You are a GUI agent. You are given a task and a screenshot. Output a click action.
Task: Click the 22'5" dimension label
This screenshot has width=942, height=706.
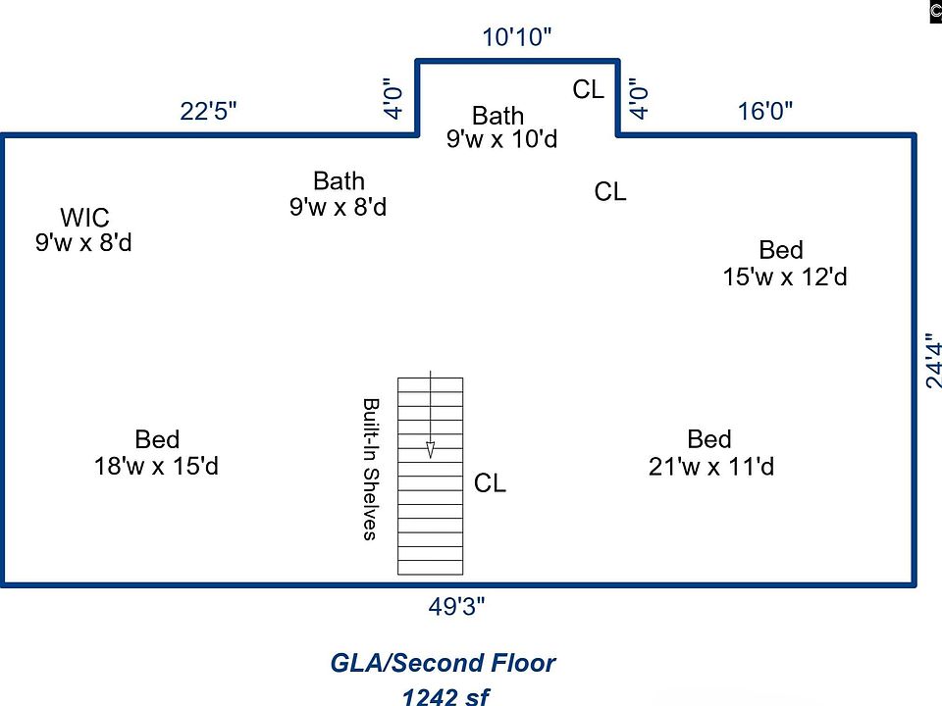point(208,111)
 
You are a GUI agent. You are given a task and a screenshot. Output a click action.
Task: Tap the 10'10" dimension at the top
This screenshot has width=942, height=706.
point(517,38)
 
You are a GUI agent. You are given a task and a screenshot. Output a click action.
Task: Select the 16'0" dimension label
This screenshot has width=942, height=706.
point(765,111)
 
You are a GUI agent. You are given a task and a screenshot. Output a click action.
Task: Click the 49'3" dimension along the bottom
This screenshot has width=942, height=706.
point(457,607)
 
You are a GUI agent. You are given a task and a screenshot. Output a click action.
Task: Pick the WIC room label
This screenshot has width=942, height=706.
point(84,218)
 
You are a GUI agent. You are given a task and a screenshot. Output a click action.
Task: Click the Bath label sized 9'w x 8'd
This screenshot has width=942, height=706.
point(339,181)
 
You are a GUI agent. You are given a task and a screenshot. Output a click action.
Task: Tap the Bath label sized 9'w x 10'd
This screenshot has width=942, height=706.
point(498,117)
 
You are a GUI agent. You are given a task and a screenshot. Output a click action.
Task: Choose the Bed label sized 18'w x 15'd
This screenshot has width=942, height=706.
point(157,439)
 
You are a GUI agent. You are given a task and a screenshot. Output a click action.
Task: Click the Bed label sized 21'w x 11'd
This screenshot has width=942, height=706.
point(709,439)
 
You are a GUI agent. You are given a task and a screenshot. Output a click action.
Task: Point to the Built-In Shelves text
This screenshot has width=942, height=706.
point(371,469)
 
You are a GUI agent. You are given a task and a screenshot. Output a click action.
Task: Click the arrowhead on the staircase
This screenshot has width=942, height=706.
point(430,450)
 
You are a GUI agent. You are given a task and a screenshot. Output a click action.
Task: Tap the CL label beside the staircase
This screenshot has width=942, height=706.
point(490,483)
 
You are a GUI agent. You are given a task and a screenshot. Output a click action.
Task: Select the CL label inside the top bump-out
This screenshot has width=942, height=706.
point(588,90)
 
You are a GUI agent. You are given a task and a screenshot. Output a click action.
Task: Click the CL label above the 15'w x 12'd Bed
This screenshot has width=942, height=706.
point(609,192)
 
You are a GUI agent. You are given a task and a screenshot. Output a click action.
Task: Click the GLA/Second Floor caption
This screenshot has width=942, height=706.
point(443,664)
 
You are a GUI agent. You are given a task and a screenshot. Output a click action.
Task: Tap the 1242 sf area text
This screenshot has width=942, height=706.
point(445,696)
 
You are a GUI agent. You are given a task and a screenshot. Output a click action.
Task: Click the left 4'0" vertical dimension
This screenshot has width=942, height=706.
point(393,98)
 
